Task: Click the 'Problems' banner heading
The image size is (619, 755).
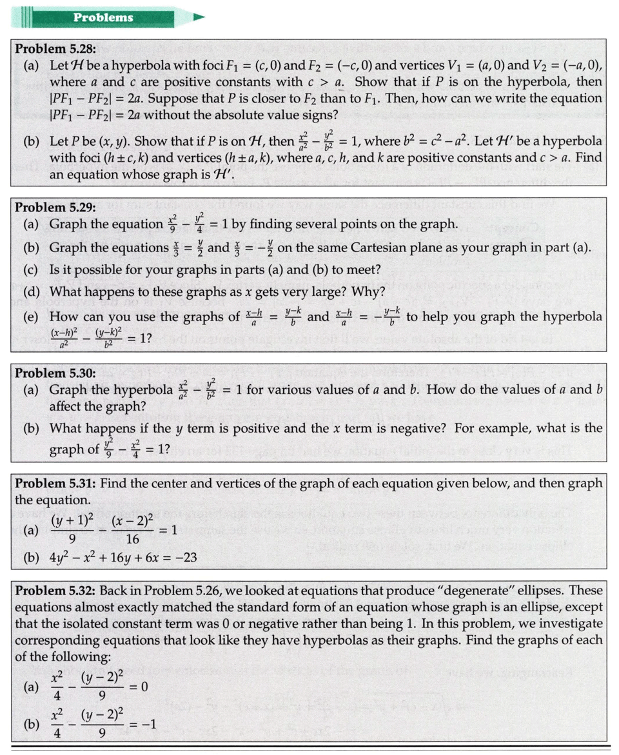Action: click(103, 17)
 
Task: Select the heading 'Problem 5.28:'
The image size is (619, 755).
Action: click(55, 48)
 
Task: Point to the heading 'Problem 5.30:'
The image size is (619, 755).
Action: click(55, 373)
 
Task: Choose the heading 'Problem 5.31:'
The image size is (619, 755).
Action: click(55, 483)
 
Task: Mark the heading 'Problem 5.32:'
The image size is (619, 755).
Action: click(55, 591)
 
